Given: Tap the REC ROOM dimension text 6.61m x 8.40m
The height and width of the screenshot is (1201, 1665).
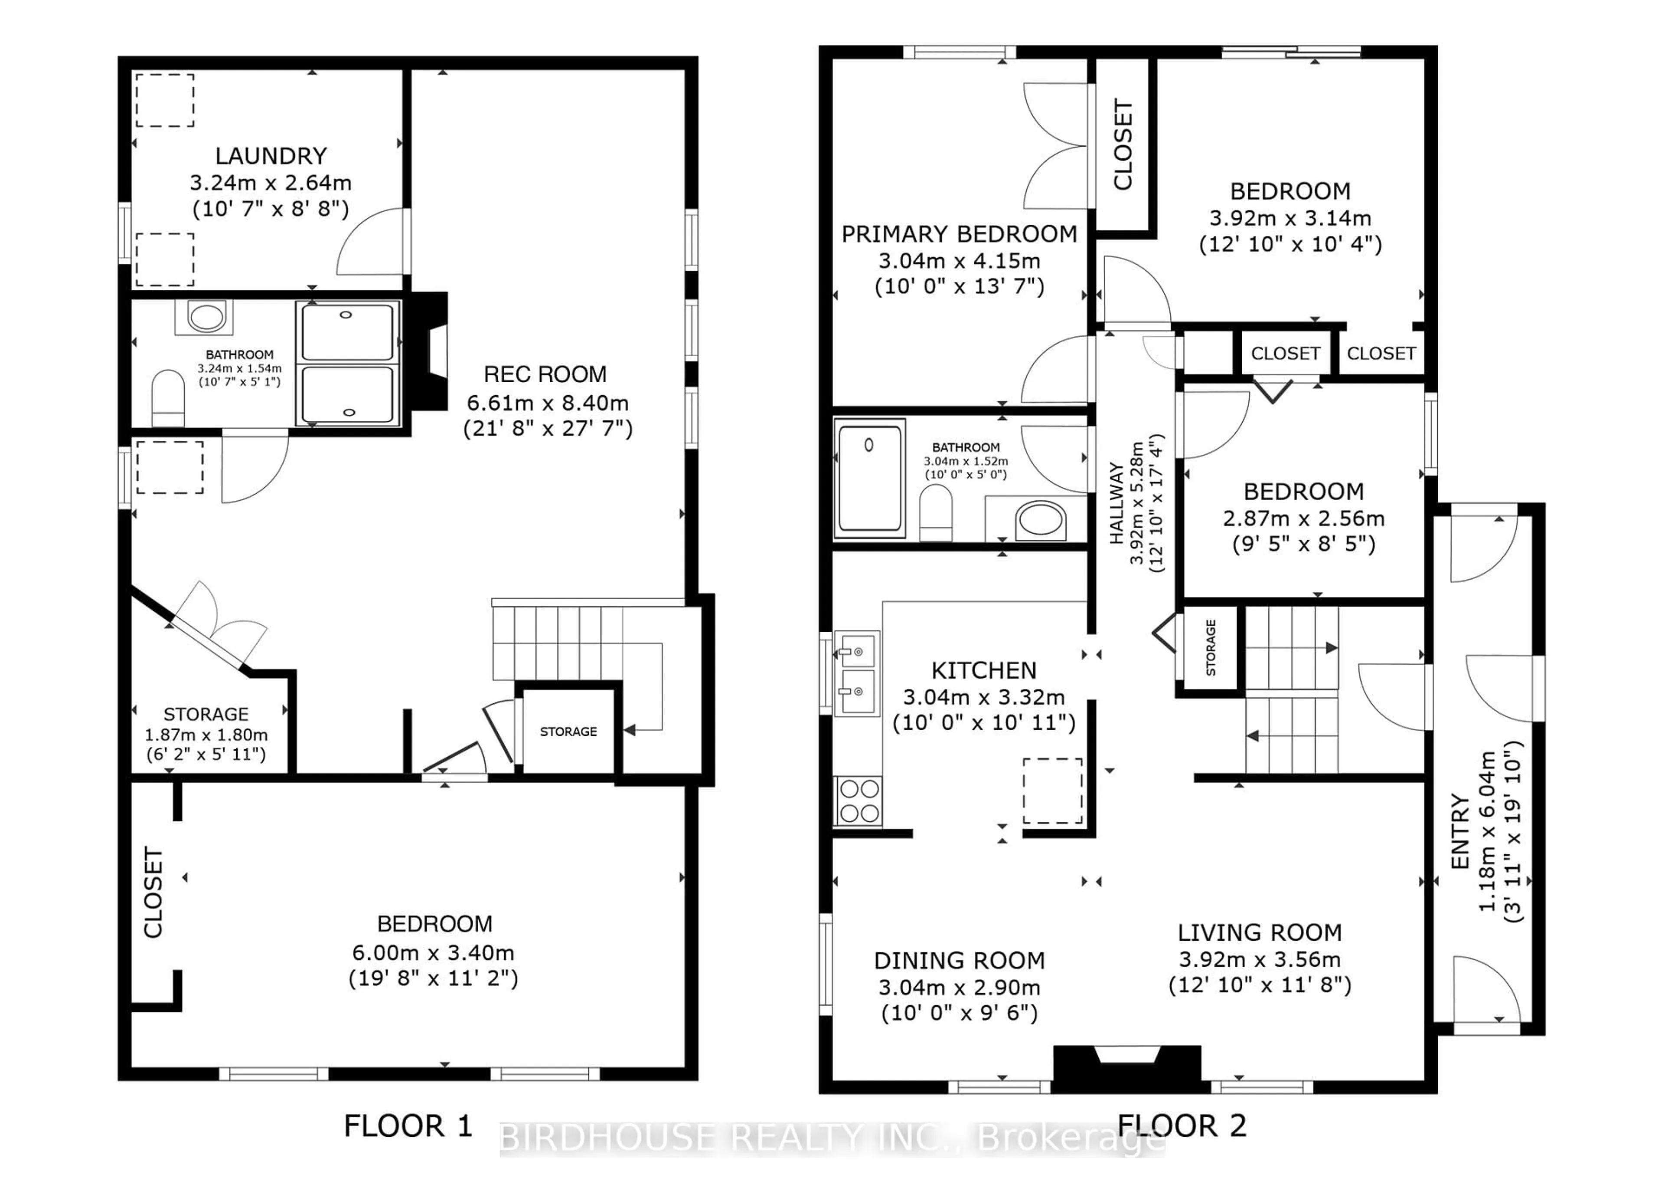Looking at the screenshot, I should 547,403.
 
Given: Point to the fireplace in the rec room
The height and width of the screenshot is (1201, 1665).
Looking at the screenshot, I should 430,351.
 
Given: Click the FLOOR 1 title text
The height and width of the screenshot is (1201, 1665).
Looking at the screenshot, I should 408,1126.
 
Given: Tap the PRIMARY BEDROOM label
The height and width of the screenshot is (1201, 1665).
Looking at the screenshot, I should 959,234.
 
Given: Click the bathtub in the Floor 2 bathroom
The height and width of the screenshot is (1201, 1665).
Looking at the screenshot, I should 870,478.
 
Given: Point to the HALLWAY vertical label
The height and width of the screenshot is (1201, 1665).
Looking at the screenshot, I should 1117,503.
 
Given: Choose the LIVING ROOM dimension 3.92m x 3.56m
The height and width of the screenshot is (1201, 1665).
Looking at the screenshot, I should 1260,959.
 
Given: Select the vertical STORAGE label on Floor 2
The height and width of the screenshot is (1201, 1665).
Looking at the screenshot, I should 1211,647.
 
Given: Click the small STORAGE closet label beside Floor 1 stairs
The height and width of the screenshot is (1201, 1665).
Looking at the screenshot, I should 568,732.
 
